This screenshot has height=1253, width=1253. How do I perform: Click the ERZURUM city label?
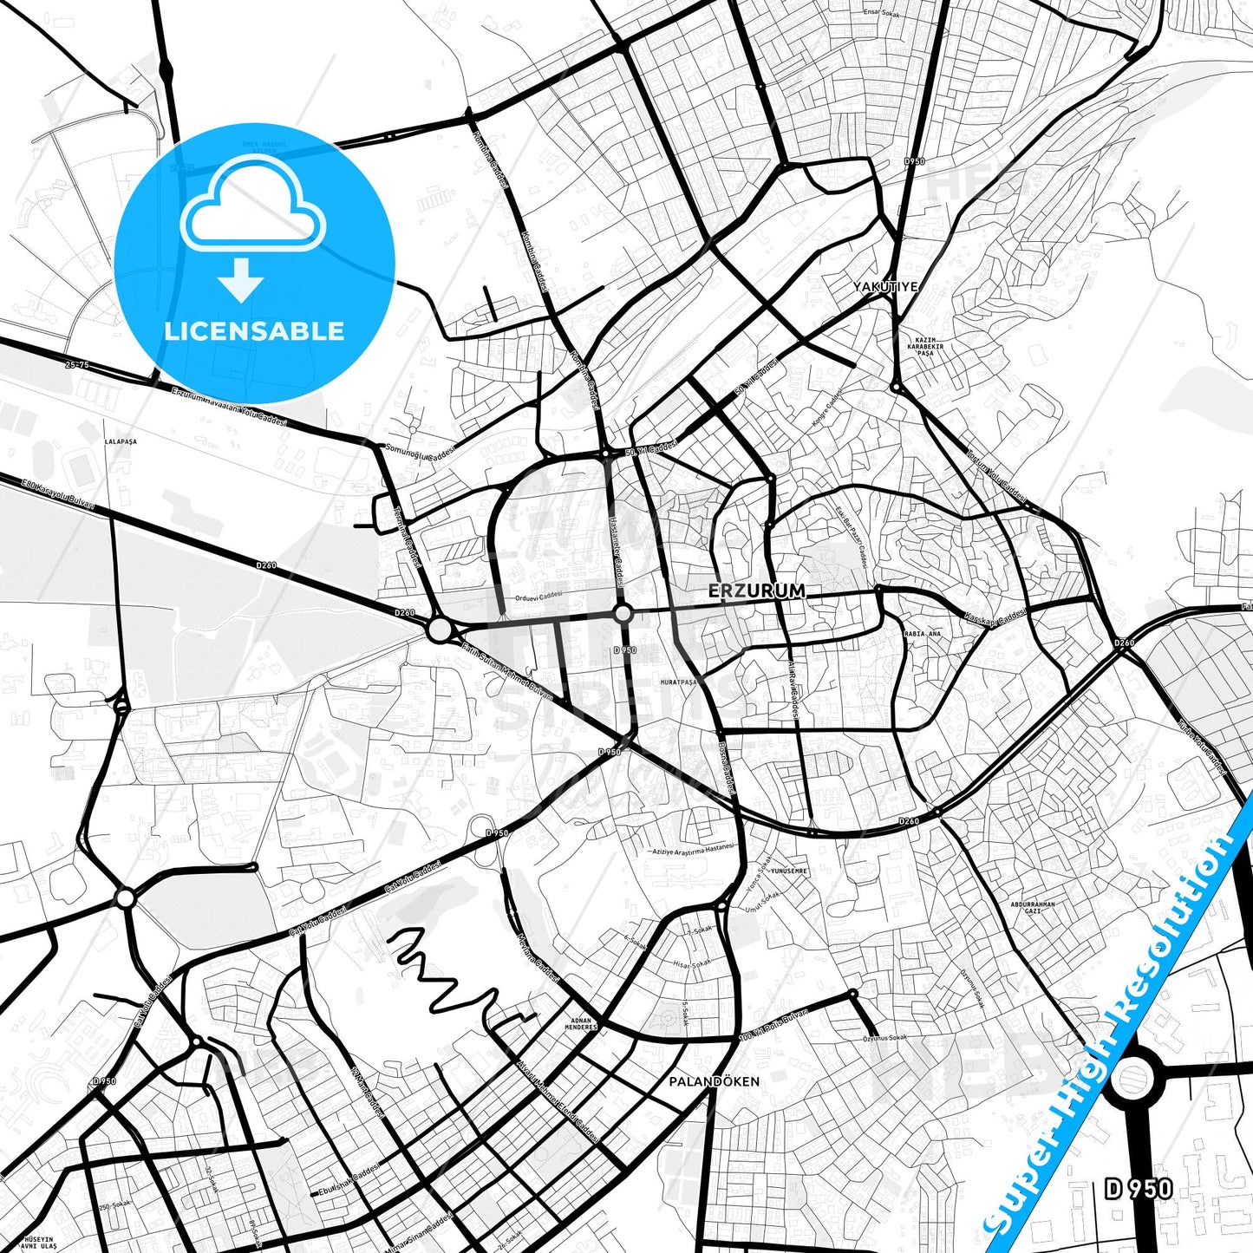pyautogui.click(x=756, y=591)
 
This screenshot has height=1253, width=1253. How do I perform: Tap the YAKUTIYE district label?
pyautogui.click(x=884, y=286)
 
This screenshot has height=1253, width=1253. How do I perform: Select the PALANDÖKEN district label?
pyautogui.click(x=714, y=1081)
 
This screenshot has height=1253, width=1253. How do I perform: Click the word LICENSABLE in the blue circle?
pyautogui.click(x=254, y=330)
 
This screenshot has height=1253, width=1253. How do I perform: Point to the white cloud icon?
pyautogui.click(x=252, y=205)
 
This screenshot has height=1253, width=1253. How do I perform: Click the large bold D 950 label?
pyautogui.click(x=1139, y=1189)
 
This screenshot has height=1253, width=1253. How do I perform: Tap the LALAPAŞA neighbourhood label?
pyautogui.click(x=120, y=441)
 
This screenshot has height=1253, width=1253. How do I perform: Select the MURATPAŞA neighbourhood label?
pyautogui.click(x=679, y=682)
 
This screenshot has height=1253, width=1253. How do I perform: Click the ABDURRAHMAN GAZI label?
pyautogui.click(x=1033, y=908)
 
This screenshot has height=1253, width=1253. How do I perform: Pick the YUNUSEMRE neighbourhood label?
pyautogui.click(x=788, y=871)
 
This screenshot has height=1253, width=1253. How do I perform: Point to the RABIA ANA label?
pyautogui.click(x=922, y=634)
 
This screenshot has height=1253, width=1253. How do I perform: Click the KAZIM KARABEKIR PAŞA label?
pyautogui.click(x=925, y=347)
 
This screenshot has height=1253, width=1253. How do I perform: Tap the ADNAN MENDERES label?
pyautogui.click(x=581, y=1024)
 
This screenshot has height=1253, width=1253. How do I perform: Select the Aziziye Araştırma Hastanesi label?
pyautogui.click(x=693, y=850)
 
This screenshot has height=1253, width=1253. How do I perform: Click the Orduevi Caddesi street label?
pyautogui.click(x=538, y=597)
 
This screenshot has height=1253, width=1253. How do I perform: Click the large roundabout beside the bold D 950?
pyautogui.click(x=1132, y=1080)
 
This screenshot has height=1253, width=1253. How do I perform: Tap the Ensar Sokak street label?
pyautogui.click(x=883, y=13)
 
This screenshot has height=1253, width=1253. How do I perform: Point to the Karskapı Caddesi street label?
pyautogui.click(x=995, y=617)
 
